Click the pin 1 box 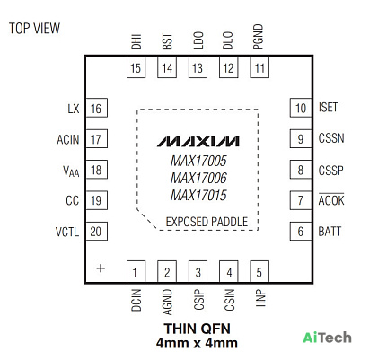[136, 271]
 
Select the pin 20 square [96, 231]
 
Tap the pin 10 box [301, 108]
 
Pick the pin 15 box [136, 67]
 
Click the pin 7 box [301, 200]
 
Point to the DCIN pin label [136, 300]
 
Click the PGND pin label [258, 37]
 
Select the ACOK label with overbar [331, 199]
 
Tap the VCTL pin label [67, 232]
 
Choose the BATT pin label [330, 232]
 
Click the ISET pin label [328, 107]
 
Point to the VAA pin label [71, 171]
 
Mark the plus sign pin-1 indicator [101, 268]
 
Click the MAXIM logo [198, 142]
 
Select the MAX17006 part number [198, 178]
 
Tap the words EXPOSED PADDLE [207, 222]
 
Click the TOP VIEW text [34, 28]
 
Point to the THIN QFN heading [197, 329]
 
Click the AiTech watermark [327, 338]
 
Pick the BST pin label [167, 41]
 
